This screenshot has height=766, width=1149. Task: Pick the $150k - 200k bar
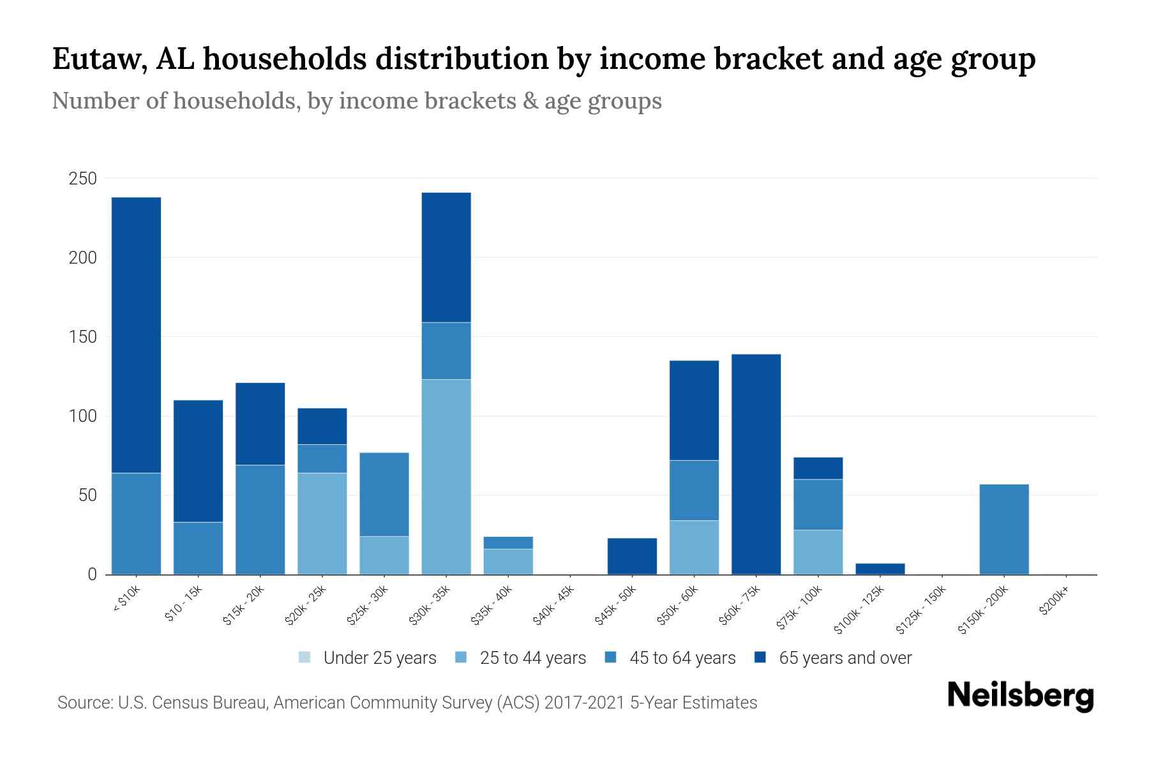coord(1004,529)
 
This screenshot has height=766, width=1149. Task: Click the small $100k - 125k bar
coord(880,569)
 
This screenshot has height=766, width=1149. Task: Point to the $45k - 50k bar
coord(632,556)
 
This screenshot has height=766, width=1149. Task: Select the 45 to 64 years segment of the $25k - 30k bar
coord(384,494)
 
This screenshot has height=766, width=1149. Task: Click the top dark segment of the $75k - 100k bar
coord(818,468)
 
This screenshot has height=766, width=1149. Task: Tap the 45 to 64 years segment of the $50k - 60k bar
coord(694,490)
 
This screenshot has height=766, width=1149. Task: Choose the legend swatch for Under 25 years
coord(304,657)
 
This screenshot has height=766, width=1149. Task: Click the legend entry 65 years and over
coord(845,658)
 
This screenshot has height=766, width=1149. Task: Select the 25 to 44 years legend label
coord(532,658)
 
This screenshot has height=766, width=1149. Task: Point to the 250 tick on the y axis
coord(82,179)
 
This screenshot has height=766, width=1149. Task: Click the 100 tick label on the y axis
coord(82,416)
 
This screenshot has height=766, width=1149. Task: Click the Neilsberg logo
coord(1020,696)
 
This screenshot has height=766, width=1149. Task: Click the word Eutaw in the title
coord(93,59)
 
